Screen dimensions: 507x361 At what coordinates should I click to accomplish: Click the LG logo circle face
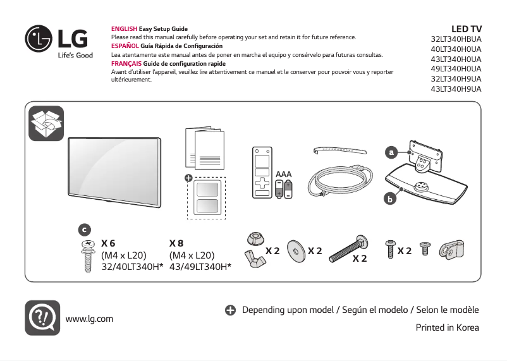(39, 40)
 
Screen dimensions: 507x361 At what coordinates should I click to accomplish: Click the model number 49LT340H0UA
(455, 69)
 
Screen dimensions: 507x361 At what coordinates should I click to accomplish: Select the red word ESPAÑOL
(125, 46)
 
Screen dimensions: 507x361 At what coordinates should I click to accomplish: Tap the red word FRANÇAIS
(125, 64)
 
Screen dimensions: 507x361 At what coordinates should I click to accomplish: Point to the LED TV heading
(466, 29)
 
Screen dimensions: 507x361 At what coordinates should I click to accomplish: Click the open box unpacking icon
(46, 123)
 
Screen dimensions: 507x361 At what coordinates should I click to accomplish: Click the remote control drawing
(261, 173)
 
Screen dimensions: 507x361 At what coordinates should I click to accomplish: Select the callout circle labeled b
(391, 199)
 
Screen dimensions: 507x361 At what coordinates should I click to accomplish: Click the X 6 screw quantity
(108, 243)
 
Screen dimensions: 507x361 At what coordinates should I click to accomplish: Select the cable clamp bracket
(450, 250)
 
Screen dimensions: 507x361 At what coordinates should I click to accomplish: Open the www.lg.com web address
(89, 318)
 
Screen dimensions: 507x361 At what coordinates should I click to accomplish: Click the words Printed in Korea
(447, 327)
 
